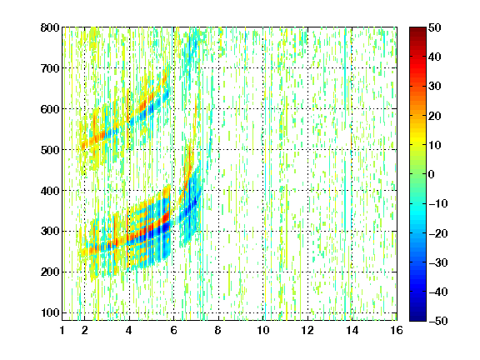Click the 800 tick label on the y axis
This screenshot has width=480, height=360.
50,27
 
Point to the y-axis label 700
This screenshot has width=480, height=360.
50,68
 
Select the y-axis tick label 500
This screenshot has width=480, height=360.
50,150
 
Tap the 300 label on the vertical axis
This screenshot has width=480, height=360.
50,232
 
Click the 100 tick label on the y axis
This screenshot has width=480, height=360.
50,312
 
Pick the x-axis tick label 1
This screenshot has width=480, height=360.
62,330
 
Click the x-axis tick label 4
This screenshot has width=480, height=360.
129,330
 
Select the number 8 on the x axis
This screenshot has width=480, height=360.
218,330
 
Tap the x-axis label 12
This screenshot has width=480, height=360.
307,330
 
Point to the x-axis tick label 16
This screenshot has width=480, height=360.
397,330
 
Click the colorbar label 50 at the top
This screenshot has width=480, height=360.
435,27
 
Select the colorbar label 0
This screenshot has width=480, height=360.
432,174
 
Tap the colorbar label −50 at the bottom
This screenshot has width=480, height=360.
438,321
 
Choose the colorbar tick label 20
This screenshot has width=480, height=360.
435,116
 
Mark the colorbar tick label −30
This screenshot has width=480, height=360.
438,262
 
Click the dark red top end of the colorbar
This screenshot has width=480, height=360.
417,29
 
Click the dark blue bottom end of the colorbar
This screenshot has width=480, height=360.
417,318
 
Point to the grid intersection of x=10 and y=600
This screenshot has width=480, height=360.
263,109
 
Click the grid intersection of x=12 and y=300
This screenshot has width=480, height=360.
307,232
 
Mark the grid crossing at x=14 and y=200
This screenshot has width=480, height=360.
352,272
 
